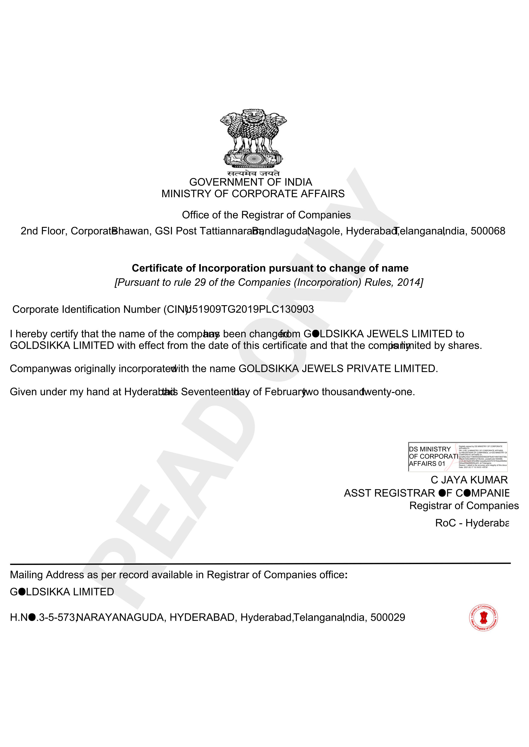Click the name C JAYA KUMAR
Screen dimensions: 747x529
pyautogui.click(x=469, y=480)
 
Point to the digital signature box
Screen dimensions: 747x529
pyautogui.click(x=458, y=457)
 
